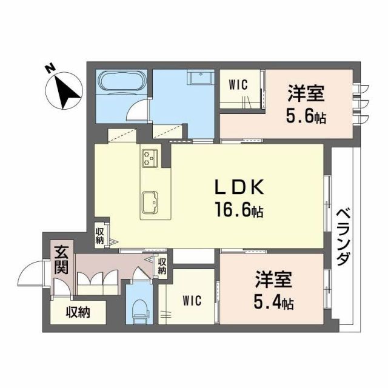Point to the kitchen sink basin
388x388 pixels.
[x=150, y=200]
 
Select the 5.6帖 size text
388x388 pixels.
[x=306, y=116]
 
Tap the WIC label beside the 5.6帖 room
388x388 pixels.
[x=238, y=85]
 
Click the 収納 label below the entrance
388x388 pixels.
[x=78, y=312]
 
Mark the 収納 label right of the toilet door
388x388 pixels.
[x=162, y=266]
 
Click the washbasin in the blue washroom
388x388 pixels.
[x=198, y=79]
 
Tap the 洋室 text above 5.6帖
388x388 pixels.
[x=306, y=95]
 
